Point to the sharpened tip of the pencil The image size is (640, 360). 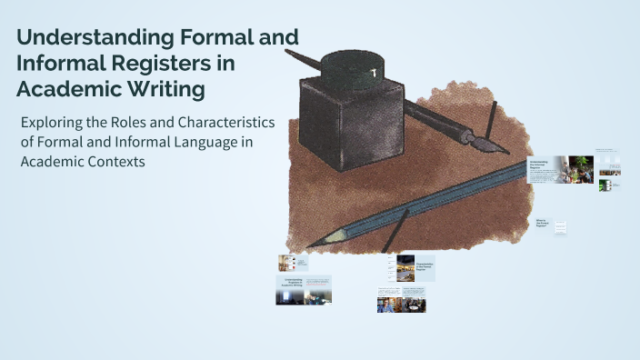(x=313, y=244)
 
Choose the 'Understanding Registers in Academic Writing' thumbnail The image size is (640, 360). (x=304, y=289)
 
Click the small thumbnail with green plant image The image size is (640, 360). (x=604, y=185)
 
